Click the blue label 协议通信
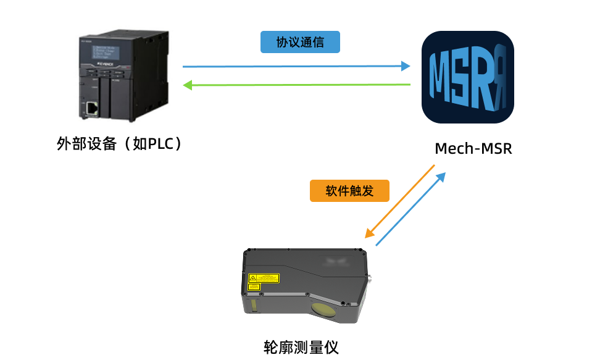pos(300,42)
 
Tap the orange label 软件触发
pos(349,190)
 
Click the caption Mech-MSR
pos(473,149)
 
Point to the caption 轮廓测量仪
pos(301,346)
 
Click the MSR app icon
pos(467,77)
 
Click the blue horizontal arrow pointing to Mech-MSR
pos(296,66)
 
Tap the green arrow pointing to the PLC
pos(296,85)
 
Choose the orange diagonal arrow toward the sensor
pos(400,201)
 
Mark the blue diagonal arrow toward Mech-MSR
pos(410,209)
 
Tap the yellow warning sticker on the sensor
pos(263,279)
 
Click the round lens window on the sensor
pos(324,309)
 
